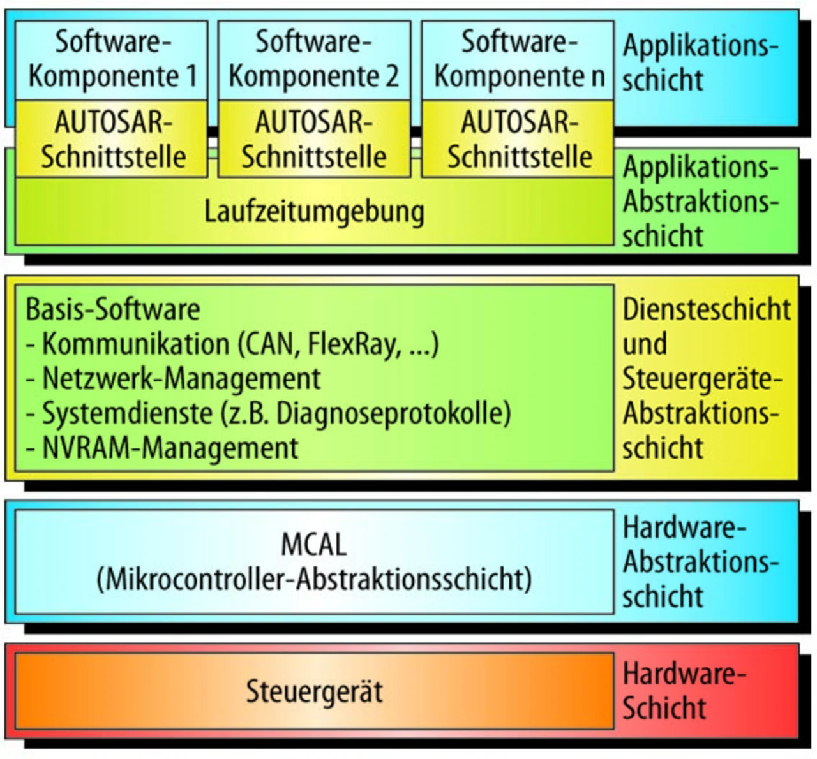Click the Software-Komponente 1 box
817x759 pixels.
[x=111, y=60]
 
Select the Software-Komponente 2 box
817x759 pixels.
[x=314, y=60]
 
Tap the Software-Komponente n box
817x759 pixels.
[x=518, y=60]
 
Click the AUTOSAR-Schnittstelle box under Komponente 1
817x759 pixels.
[x=111, y=139]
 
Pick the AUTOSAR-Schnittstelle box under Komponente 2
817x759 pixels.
[x=314, y=139]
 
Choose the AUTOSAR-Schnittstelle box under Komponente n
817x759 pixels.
[x=518, y=139]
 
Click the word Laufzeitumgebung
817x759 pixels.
[x=314, y=212]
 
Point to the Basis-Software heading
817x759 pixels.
[x=113, y=309]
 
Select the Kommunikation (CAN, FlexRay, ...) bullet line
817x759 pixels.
[x=232, y=344]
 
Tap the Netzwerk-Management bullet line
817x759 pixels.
[x=173, y=379]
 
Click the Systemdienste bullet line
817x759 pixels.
[x=268, y=413]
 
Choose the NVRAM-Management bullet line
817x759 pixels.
[x=162, y=448]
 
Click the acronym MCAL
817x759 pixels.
[x=314, y=545]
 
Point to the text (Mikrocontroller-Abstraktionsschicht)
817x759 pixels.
[x=314, y=580]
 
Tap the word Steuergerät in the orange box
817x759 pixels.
[x=314, y=691]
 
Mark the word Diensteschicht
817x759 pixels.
[x=707, y=309]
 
